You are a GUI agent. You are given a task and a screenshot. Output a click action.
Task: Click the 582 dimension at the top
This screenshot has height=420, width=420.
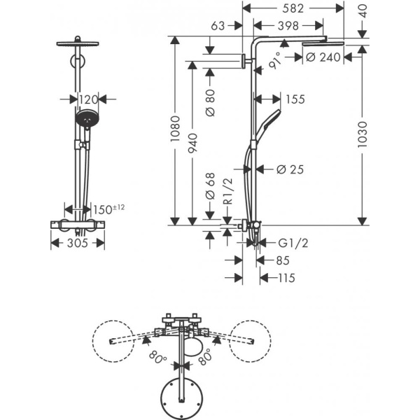pyautogui.click(x=293, y=9)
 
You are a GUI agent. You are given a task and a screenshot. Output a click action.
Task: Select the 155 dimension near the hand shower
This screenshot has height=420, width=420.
pyautogui.click(x=295, y=99)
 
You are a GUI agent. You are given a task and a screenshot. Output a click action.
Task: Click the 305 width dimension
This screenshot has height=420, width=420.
pyautogui.click(x=78, y=244)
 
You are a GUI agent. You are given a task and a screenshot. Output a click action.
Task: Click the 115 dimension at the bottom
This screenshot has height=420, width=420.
pyautogui.click(x=286, y=278)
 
